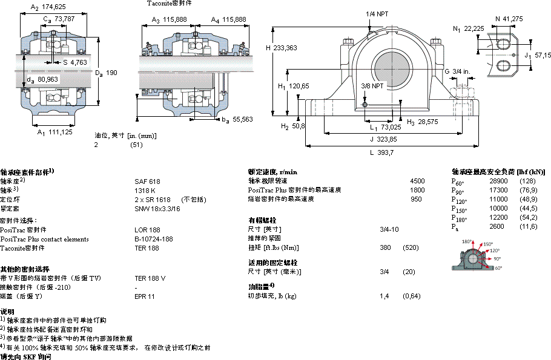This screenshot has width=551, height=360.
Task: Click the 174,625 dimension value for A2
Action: tap(53, 7)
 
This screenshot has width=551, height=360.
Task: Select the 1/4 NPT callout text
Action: tap(377, 14)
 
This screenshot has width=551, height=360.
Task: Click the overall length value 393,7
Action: tap(386, 152)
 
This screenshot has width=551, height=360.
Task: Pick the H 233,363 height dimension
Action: tap(285, 47)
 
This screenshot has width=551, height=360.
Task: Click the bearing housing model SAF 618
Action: tap(147, 181)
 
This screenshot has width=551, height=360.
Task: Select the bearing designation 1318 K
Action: tap(145, 190)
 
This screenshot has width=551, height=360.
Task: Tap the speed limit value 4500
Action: tap(417, 181)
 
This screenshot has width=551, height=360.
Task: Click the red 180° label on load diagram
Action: tap(467, 241)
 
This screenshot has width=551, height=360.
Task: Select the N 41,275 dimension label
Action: tap(509, 19)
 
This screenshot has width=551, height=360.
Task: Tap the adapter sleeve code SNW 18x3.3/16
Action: tap(157, 208)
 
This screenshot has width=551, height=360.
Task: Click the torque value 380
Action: tap(384, 247)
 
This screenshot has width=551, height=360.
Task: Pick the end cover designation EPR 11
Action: tap(145, 296)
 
